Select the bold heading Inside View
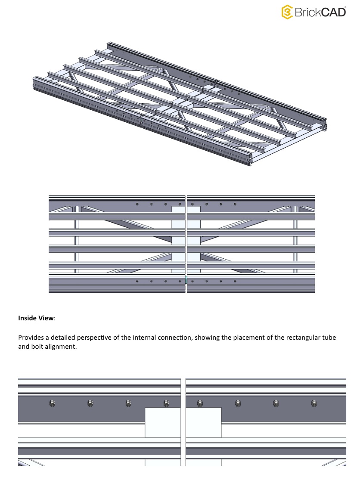point(36,319)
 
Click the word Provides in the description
point(31,338)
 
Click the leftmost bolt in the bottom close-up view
point(53,403)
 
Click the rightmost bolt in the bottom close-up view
point(314,403)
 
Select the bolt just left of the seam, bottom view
point(166,403)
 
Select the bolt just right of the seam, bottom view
point(199,403)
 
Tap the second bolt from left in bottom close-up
point(90,403)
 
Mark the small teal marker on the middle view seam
point(186,280)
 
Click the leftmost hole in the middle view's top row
point(137,204)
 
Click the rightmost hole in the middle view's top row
point(235,204)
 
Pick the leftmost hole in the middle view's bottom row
point(137,281)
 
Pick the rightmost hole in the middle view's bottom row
point(235,281)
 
